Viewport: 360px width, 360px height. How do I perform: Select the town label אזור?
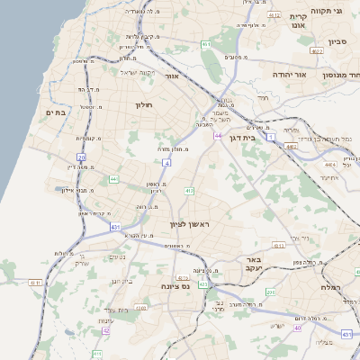coord(172,77)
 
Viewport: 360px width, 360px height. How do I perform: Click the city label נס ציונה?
coord(174,286)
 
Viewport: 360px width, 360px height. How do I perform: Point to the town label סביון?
coord(337,41)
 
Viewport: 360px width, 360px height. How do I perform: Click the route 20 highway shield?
coord(81,157)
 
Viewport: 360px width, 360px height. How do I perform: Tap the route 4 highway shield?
coord(166,163)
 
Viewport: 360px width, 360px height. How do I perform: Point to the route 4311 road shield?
coord(37,283)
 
